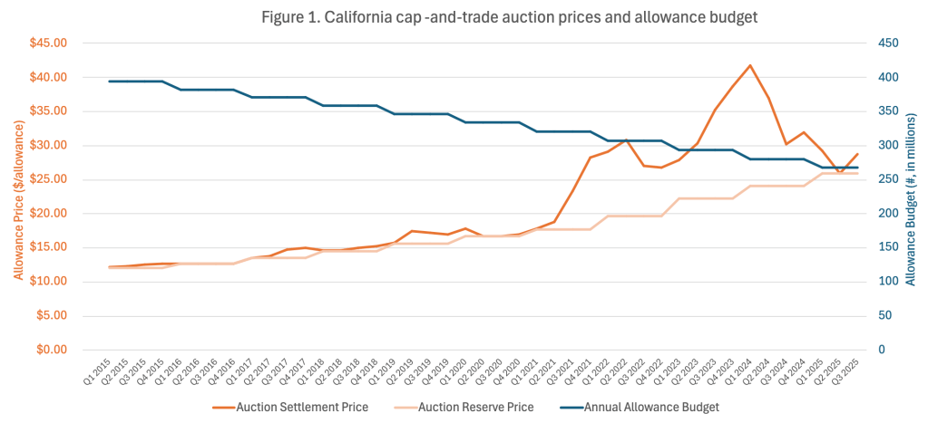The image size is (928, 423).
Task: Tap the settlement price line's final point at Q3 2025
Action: [857, 154]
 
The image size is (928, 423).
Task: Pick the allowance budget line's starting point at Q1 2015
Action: [109, 82]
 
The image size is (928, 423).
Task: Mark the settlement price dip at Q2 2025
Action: [839, 171]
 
